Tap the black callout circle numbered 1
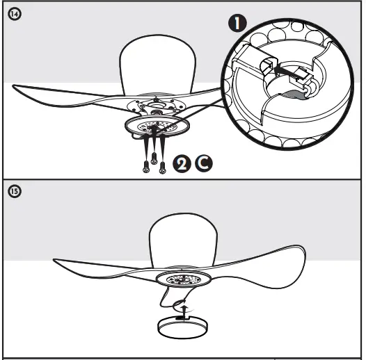[x=239, y=24]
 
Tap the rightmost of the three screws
[x=162, y=165]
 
